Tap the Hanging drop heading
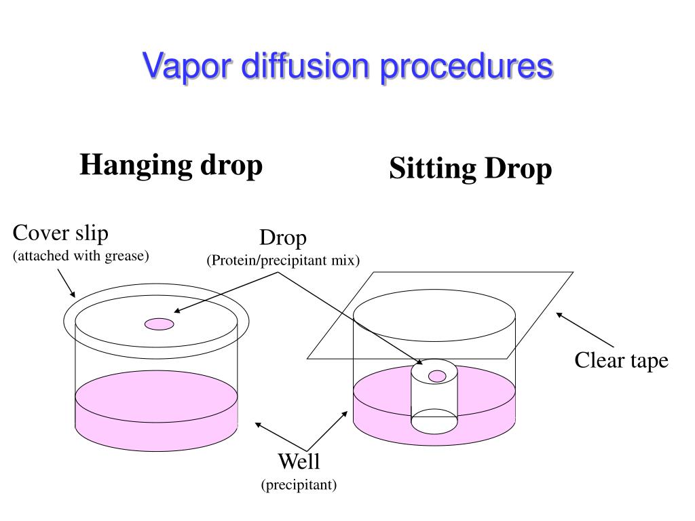pyautogui.click(x=171, y=165)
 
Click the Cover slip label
pyautogui.click(x=60, y=233)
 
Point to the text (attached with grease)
pyautogui.click(x=81, y=256)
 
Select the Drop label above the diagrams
pyautogui.click(x=283, y=238)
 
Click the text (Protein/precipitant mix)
pyautogui.click(x=283, y=260)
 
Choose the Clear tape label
pyautogui.click(x=621, y=360)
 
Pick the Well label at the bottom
pyautogui.click(x=299, y=462)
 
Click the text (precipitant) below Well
pyautogui.click(x=299, y=485)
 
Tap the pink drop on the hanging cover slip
pyautogui.click(x=159, y=324)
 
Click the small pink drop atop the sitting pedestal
pyautogui.click(x=438, y=375)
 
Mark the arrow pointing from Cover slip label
pyautogui.click(x=65, y=283)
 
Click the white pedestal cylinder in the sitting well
pyautogui.click(x=434, y=397)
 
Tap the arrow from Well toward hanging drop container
pyautogui.click(x=271, y=434)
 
